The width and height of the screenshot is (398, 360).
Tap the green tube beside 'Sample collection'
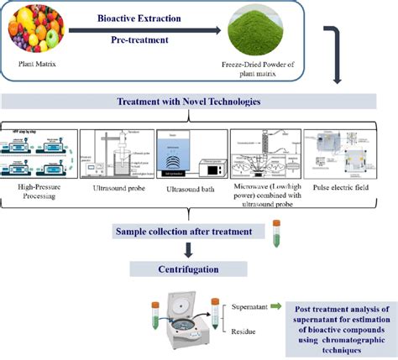(x=275, y=232)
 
